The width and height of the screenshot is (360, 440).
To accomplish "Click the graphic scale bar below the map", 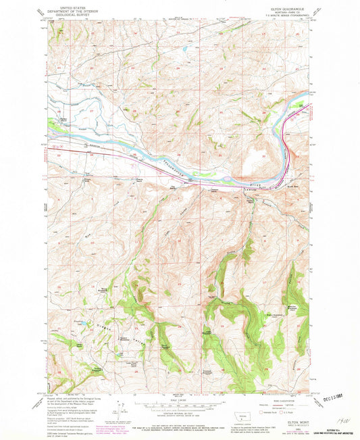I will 179,406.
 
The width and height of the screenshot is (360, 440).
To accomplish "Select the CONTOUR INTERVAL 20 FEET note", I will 179,414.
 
